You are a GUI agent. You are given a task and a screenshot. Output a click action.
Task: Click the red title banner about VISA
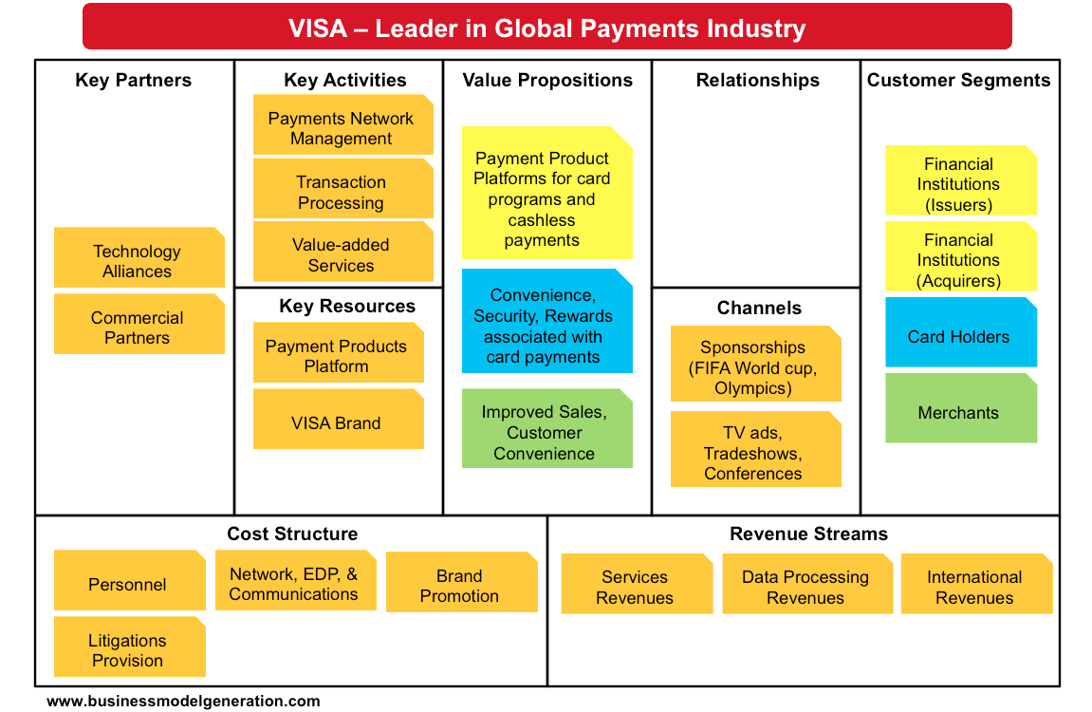pos(546,28)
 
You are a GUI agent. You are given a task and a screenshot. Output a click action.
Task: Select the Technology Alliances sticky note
pos(139,258)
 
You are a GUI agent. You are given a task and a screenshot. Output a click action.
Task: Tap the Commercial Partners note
pos(139,325)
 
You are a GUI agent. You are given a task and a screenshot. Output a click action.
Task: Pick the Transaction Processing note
pos(342,190)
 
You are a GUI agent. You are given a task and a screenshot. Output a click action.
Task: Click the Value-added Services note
pos(342,253)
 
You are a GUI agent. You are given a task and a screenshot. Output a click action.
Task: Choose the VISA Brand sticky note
pos(338,421)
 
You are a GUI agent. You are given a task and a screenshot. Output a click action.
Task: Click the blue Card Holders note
pos(960,333)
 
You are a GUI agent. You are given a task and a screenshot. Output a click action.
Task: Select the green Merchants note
pos(960,409)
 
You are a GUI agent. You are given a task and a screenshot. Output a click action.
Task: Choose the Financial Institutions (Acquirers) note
pos(960,257)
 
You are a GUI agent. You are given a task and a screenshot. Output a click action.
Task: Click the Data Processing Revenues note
pos(806,585)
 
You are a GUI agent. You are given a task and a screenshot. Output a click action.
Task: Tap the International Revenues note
pos(975,585)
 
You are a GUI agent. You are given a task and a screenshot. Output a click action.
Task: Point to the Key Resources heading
pos(347,307)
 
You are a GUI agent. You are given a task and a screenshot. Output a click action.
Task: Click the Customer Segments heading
pos(958,81)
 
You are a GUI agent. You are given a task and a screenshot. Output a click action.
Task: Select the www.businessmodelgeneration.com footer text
pos(184,702)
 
